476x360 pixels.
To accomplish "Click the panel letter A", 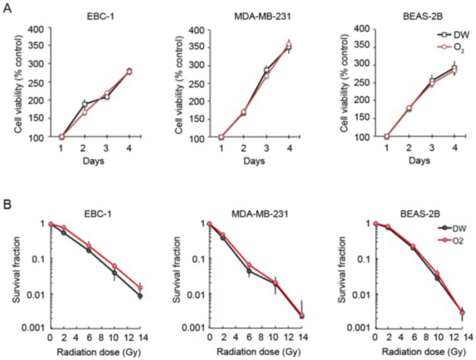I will click(x=7, y=9).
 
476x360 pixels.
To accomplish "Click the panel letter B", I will click(x=7, y=205).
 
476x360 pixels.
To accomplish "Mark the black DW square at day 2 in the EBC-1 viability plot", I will click(x=84, y=105).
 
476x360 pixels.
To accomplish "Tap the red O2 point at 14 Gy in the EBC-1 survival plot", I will click(x=140, y=287).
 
